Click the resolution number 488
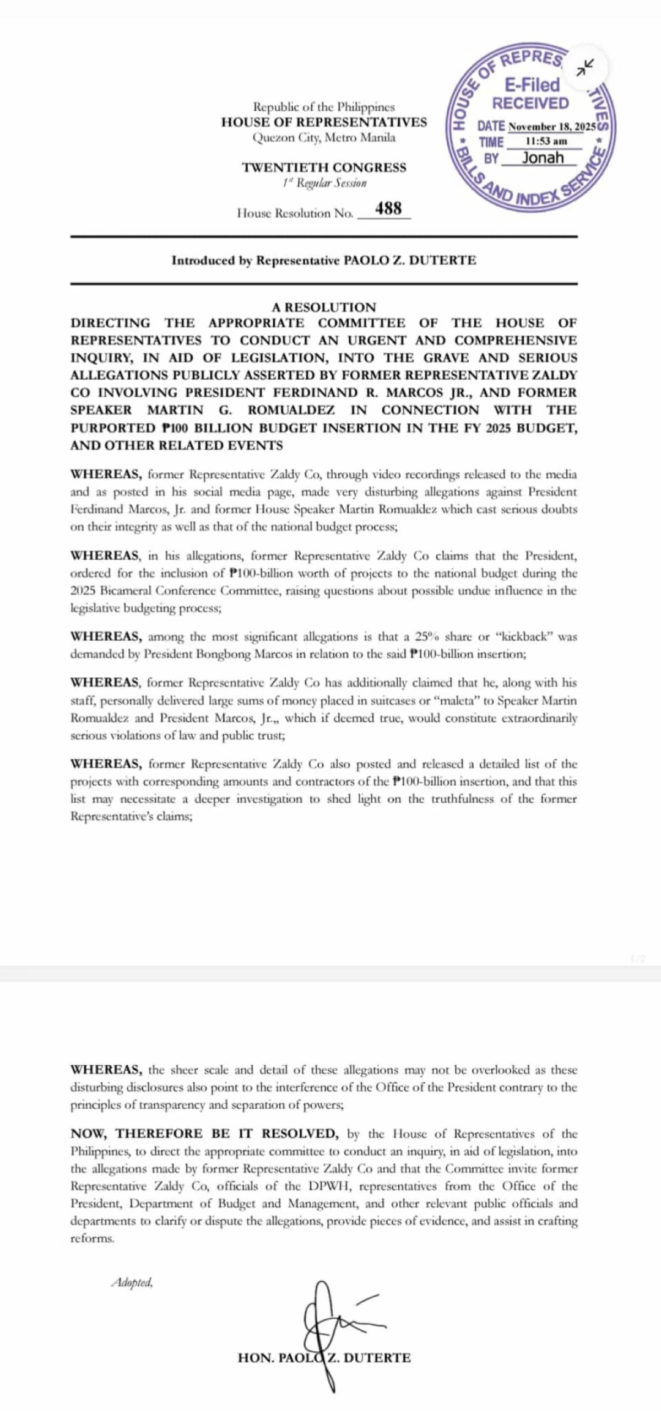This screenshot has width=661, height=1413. click(x=388, y=208)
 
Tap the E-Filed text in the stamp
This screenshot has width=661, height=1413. click(x=532, y=84)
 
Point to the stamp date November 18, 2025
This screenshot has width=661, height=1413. click(x=551, y=127)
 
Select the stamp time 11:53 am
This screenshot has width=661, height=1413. click(x=546, y=142)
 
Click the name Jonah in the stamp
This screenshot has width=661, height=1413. click(x=543, y=158)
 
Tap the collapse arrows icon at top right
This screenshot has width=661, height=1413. click(x=584, y=67)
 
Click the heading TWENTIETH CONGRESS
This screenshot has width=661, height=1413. click(x=324, y=168)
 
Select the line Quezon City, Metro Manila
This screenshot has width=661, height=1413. click(x=324, y=138)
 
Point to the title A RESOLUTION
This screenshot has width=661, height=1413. click(x=324, y=307)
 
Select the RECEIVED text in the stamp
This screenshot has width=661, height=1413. click(x=530, y=104)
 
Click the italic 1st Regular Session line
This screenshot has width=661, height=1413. click(x=324, y=184)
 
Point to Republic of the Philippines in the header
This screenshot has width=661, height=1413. click(x=324, y=107)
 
